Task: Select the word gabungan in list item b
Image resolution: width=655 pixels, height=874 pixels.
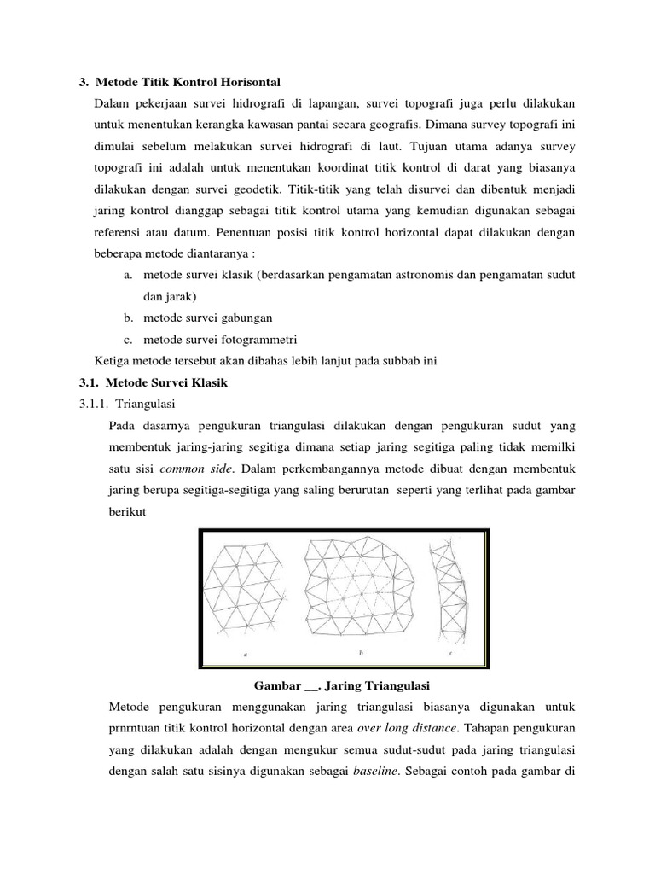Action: point(245,318)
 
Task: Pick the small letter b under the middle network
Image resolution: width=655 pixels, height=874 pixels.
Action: point(362,653)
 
